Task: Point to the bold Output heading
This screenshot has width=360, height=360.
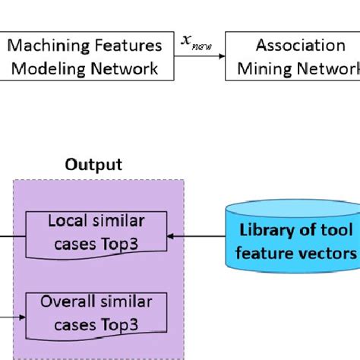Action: point(93,165)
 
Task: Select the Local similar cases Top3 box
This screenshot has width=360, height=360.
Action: point(96,232)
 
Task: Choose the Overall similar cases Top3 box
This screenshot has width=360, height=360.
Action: point(96,312)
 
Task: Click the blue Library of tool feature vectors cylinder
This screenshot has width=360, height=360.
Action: point(293,235)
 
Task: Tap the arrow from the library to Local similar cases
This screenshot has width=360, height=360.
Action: point(197,236)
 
